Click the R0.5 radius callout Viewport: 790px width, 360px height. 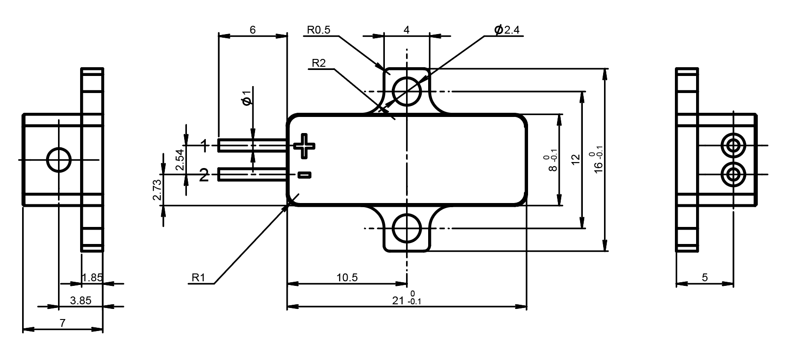tap(319, 30)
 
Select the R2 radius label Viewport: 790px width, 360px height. tap(319, 64)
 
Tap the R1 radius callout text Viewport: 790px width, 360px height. tap(198, 278)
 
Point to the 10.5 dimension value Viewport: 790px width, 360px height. tap(347, 278)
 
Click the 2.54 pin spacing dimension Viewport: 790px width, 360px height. tap(180, 160)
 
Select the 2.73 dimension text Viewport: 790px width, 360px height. tap(157, 190)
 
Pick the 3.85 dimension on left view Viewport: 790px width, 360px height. tap(81, 301)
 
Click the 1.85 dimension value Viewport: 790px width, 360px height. tap(92, 278)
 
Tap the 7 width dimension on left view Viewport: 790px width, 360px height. tap(63, 323)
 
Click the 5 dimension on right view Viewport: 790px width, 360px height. tap(704, 278)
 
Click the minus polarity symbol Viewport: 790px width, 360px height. tap(304, 174)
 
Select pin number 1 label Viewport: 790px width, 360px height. tap(204, 146)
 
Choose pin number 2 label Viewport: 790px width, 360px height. tap(204, 175)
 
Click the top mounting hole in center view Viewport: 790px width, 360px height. tap(407, 91)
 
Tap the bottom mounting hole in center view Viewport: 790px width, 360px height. tap(407, 228)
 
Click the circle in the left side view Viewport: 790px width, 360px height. tap(59, 160)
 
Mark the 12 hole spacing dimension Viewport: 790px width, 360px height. tap(575, 160)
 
